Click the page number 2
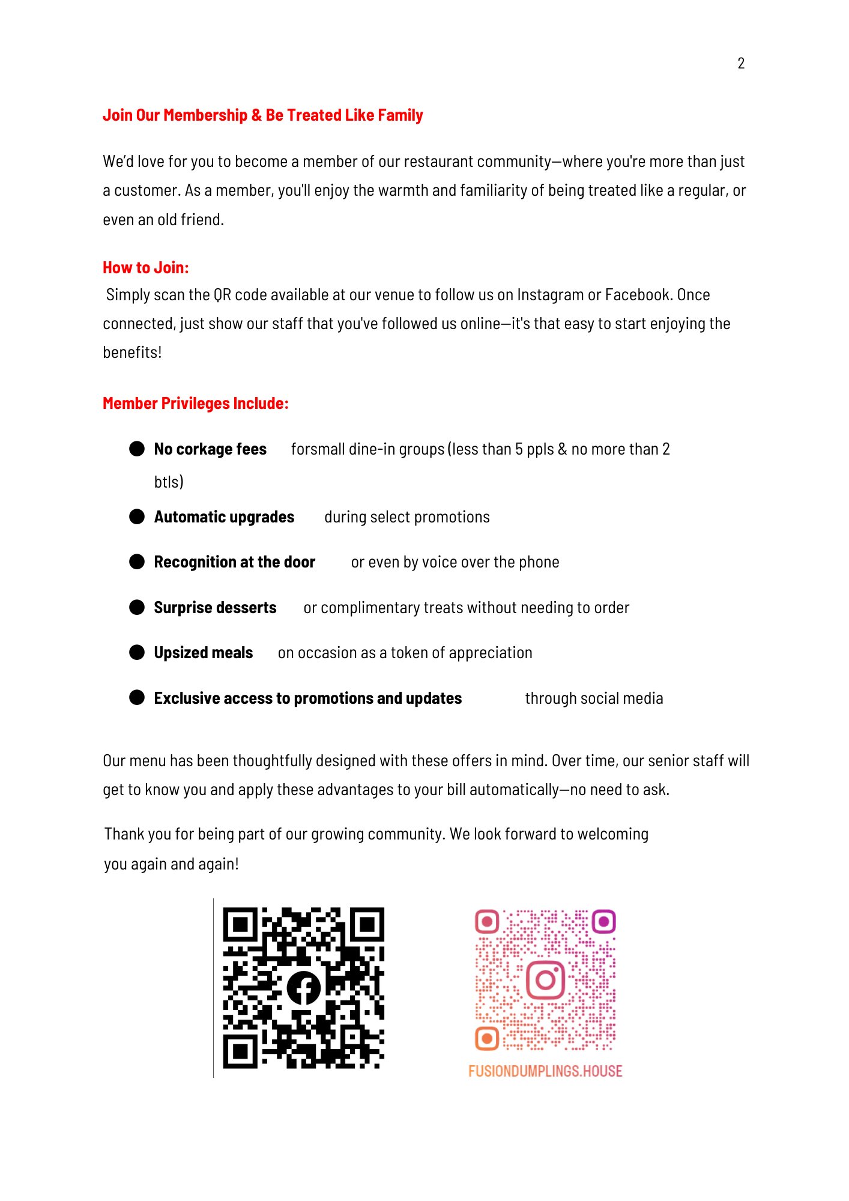[741, 63]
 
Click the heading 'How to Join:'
[146, 268]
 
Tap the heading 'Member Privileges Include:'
[196, 404]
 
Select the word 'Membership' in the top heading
[205, 115]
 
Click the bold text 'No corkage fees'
[210, 449]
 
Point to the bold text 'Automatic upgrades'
[224, 517]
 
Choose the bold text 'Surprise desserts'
[215, 608]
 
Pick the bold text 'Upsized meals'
[204, 653]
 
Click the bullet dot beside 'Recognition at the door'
[137, 562]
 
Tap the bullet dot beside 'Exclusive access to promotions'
[137, 698]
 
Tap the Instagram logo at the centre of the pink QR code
[545, 980]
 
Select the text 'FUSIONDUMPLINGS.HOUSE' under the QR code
[545, 1071]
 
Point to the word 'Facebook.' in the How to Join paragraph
[638, 295]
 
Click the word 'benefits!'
[132, 352]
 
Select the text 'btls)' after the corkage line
[169, 482]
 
